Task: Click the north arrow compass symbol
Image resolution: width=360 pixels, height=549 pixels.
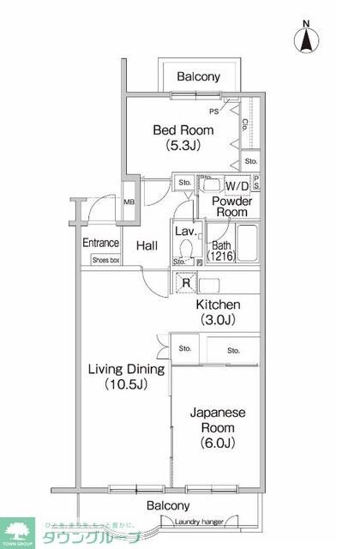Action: [x=307, y=37]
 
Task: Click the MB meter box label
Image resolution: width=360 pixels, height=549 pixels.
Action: [x=129, y=202]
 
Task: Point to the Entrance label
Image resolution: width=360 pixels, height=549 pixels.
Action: [x=100, y=243]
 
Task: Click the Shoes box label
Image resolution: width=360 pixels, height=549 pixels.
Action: [x=106, y=258]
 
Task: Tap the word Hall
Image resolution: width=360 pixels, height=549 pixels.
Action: [x=147, y=246]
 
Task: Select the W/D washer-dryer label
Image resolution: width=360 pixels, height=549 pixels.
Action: [x=237, y=185]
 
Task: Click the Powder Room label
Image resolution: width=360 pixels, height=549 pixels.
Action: [x=231, y=206]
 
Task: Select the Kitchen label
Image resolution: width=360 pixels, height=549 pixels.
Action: [x=218, y=305]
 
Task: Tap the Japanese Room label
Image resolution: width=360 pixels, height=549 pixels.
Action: [x=218, y=419]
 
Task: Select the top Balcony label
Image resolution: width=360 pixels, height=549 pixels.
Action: [x=198, y=77]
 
